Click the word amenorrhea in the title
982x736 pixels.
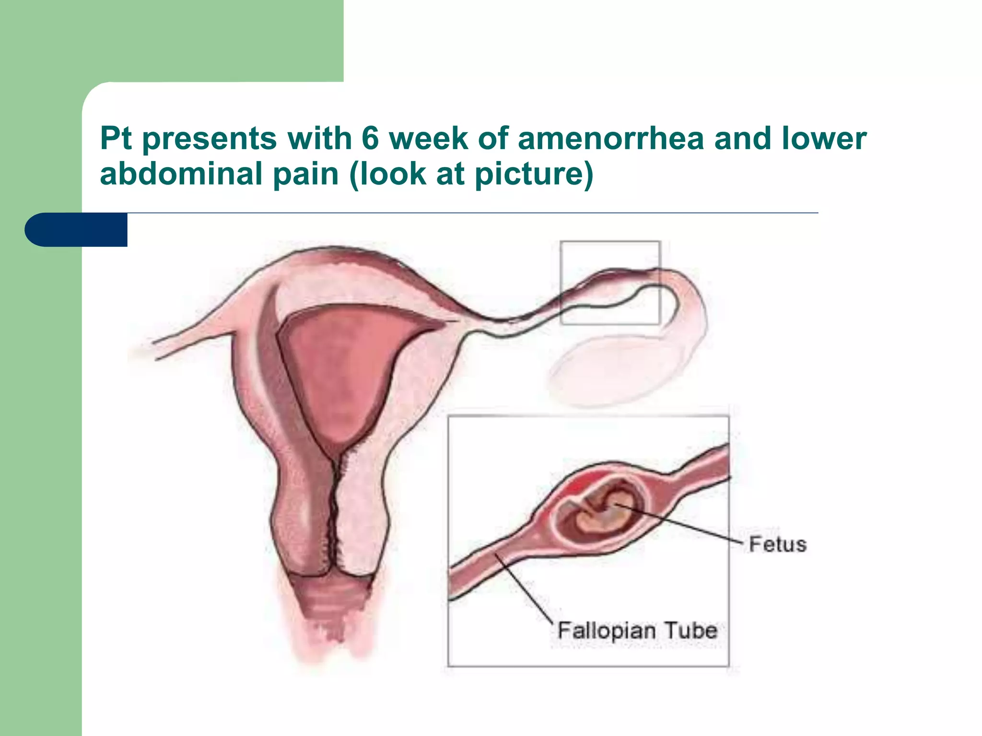(x=611, y=138)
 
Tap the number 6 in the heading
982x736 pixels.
(x=370, y=138)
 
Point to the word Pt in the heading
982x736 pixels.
(x=115, y=138)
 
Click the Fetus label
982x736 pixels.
(x=777, y=545)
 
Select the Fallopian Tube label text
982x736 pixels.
(x=637, y=630)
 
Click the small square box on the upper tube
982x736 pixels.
(x=610, y=283)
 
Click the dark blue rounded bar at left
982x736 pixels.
(x=77, y=230)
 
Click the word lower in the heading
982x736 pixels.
(x=824, y=138)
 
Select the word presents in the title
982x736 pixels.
(x=210, y=138)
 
